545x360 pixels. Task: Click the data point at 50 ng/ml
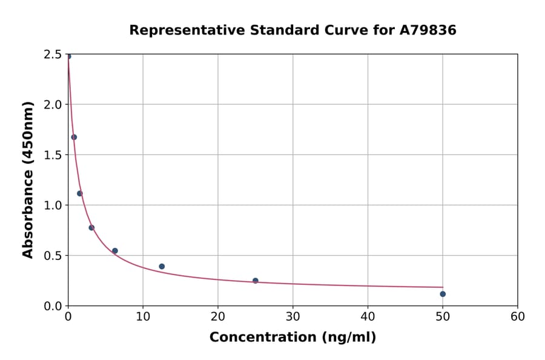pyautogui.click(x=443, y=294)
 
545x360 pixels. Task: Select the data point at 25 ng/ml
pyautogui.click(x=256, y=281)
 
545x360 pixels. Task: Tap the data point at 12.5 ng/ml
pyautogui.click(x=162, y=267)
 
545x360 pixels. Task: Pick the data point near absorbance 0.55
pyautogui.click(x=115, y=251)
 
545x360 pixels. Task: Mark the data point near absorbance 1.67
pyautogui.click(x=74, y=137)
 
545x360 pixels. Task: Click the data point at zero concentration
pyautogui.click(x=68, y=56)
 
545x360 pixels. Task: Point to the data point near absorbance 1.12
pyautogui.click(x=80, y=193)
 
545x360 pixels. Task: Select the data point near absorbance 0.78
pyautogui.click(x=91, y=228)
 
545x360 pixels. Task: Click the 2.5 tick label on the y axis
pyautogui.click(x=53, y=55)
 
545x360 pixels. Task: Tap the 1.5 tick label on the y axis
pyautogui.click(x=53, y=155)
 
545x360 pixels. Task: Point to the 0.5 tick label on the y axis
pyautogui.click(x=53, y=256)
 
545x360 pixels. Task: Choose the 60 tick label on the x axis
pyautogui.click(x=518, y=316)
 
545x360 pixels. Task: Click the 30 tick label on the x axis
pyautogui.click(x=293, y=316)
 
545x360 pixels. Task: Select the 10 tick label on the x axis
pyautogui.click(x=143, y=316)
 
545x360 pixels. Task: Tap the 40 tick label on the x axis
pyautogui.click(x=368, y=316)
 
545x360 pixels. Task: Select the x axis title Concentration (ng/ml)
pyautogui.click(x=292, y=338)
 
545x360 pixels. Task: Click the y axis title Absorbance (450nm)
pyautogui.click(x=28, y=179)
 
